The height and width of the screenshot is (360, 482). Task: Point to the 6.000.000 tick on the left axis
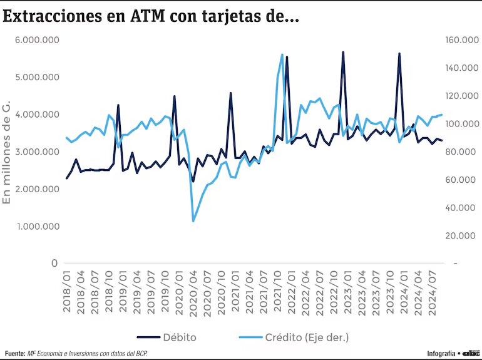[37, 40]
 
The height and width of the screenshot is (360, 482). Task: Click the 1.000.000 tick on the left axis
[37, 226]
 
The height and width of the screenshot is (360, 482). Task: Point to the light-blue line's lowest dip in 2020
[193, 221]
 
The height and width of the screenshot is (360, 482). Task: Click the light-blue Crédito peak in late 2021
[282, 55]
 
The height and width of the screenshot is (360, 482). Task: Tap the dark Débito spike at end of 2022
[343, 53]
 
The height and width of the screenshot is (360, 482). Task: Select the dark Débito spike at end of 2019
[175, 96]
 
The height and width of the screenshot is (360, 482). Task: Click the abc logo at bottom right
[471, 353]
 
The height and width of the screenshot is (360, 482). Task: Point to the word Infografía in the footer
[441, 353]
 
